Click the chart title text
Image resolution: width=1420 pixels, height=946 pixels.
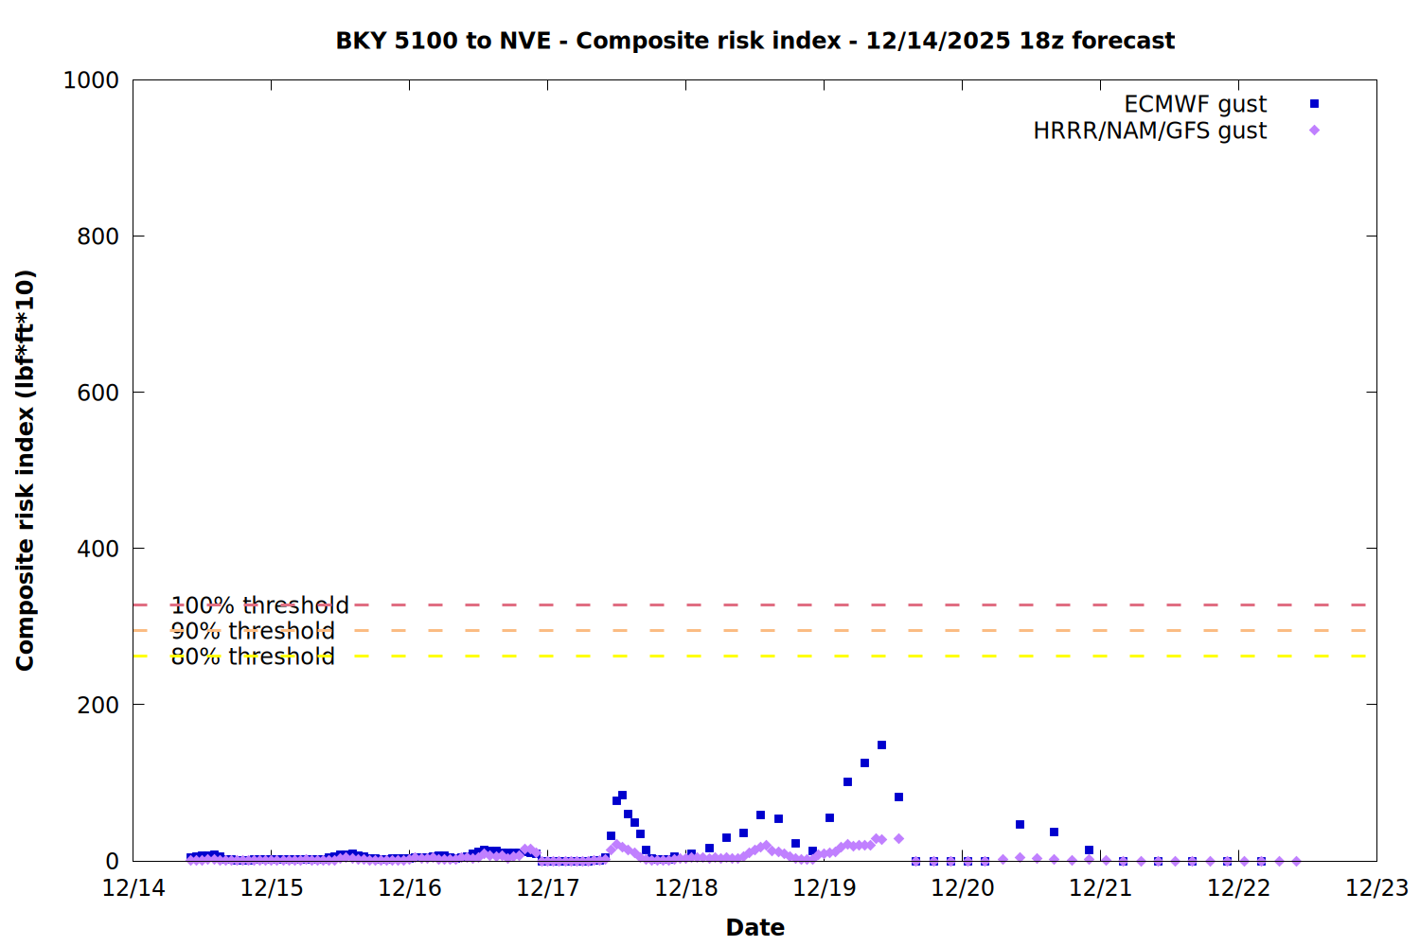pyautogui.click(x=754, y=41)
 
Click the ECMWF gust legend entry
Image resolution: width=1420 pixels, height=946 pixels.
pyautogui.click(x=1195, y=104)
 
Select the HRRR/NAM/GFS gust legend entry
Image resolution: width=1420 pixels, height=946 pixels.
pyautogui.click(x=1149, y=131)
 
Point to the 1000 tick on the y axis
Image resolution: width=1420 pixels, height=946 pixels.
pyautogui.click(x=91, y=80)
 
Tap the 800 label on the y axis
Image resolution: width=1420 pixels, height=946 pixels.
pyautogui.click(x=98, y=236)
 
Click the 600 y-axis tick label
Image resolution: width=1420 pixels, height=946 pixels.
pyautogui.click(x=98, y=393)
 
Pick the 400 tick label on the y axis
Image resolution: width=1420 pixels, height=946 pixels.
pyautogui.click(x=98, y=549)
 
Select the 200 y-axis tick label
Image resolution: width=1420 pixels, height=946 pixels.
pyautogui.click(x=98, y=705)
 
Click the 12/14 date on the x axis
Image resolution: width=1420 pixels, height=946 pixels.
pyautogui.click(x=133, y=888)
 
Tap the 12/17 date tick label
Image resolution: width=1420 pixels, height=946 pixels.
pyautogui.click(x=548, y=888)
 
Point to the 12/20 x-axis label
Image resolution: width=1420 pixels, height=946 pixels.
pyautogui.click(x=963, y=888)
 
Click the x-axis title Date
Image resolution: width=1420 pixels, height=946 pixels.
pyautogui.click(x=754, y=927)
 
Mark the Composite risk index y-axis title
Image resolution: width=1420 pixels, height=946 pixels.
pyautogui.click(x=26, y=470)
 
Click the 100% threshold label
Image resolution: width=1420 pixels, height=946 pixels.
pyautogui.click(x=259, y=605)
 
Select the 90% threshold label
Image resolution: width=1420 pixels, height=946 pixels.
pyautogui.click(x=253, y=631)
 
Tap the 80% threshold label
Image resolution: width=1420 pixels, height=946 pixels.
pyautogui.click(x=253, y=657)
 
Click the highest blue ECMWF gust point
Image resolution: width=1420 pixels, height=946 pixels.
pyautogui.click(x=881, y=745)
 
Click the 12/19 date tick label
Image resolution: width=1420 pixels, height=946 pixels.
pyautogui.click(x=825, y=888)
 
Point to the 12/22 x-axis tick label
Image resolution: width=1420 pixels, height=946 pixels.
pyautogui.click(x=1239, y=888)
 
